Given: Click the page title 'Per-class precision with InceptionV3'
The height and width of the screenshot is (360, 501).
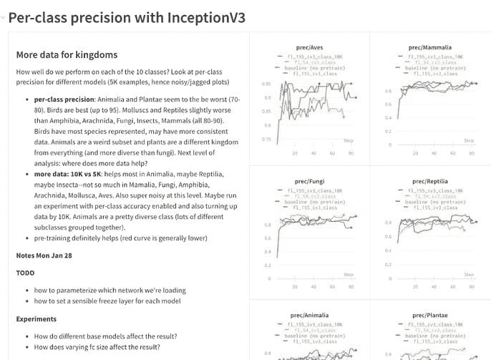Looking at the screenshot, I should tap(127, 18).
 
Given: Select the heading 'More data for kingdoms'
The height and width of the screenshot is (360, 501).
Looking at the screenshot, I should tap(67, 55).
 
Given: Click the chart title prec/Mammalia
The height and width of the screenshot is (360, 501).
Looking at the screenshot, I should tap(430, 47).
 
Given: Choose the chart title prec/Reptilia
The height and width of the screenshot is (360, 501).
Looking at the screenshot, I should tap(430, 181).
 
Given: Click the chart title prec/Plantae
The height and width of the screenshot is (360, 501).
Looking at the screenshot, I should tap(430, 314).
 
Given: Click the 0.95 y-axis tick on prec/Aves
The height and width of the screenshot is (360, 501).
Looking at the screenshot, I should tap(266, 84).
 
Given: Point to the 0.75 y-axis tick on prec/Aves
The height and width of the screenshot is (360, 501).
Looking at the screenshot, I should tap(266, 139).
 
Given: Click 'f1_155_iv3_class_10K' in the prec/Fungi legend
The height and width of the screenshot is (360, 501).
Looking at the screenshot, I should tap(311, 191).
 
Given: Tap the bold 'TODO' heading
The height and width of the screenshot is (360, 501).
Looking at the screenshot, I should tap(25, 273).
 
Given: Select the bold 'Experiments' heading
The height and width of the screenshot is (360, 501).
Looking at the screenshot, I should tap(38, 318).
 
